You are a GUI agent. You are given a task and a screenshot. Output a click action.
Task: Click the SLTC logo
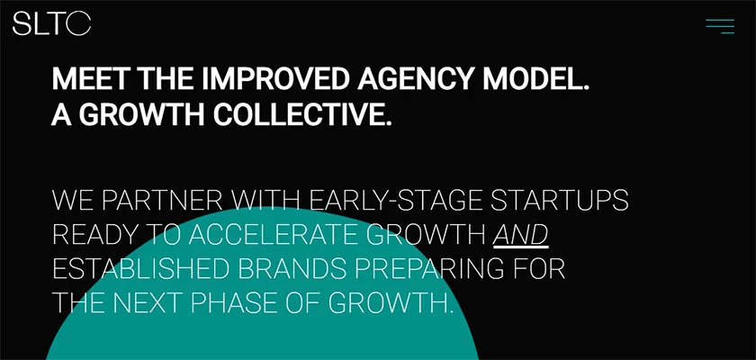pyautogui.click(x=51, y=24)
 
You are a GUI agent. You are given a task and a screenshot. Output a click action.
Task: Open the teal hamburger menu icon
pyautogui.click(x=720, y=26)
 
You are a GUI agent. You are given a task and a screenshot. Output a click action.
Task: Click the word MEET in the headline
pyautogui.click(x=92, y=78)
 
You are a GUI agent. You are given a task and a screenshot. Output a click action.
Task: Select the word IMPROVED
pyautogui.click(x=274, y=78)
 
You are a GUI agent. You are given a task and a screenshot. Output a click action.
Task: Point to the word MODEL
pyautogui.click(x=532, y=78)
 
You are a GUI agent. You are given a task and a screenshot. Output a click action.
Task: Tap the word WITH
pyautogui.click(x=266, y=201)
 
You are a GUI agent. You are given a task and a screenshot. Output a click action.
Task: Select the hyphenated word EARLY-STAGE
pyautogui.click(x=396, y=201)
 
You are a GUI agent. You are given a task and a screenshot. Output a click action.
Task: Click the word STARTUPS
pyautogui.click(x=560, y=201)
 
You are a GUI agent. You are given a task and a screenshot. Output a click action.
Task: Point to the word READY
pyautogui.click(x=94, y=235)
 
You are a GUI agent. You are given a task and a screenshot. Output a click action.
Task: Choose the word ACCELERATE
pyautogui.click(x=274, y=235)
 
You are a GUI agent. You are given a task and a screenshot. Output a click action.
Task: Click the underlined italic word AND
pyautogui.click(x=521, y=236)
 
